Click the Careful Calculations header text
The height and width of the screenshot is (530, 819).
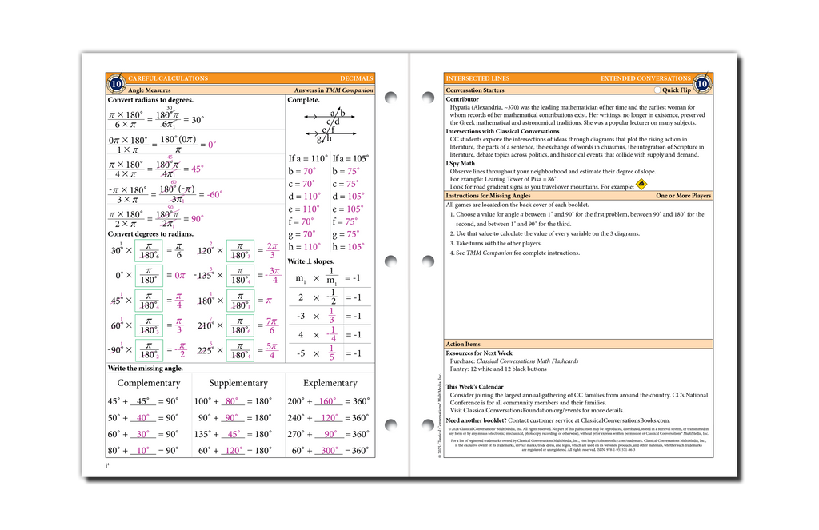[168, 78]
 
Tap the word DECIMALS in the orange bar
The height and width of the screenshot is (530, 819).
[356, 78]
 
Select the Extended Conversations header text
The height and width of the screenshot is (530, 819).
[645, 78]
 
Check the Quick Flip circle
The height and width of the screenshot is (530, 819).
[657, 90]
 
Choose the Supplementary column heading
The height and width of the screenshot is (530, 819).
[238, 383]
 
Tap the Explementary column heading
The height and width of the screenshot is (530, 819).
[330, 383]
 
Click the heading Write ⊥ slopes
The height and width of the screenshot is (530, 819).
[311, 261]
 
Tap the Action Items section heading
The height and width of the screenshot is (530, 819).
[463, 344]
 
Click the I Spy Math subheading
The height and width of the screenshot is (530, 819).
[461, 163]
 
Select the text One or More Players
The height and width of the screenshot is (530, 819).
[683, 196]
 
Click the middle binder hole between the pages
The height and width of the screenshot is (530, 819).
[391, 261]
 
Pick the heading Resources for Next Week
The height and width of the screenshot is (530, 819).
[479, 353]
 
